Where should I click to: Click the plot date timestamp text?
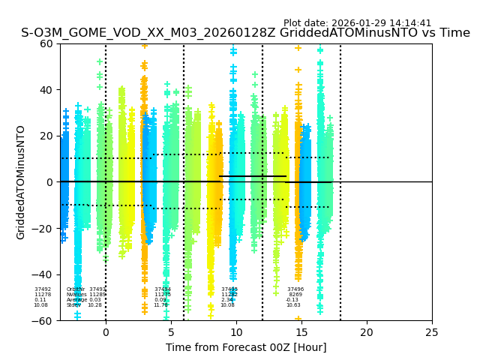point(357,23)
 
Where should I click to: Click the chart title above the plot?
point(245,33)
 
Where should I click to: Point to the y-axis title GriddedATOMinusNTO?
point(21,182)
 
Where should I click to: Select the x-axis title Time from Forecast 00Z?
point(246,347)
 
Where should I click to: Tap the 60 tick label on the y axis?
point(46,43)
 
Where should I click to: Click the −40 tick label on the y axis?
point(43,274)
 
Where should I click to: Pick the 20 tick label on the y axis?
point(46,136)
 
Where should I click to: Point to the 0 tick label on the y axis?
point(49,182)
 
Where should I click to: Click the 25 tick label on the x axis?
point(432,332)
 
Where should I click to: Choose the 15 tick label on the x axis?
point(301,332)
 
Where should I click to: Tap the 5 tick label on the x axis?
point(171,332)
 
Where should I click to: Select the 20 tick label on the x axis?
point(367,332)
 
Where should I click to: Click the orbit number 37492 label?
point(43,289)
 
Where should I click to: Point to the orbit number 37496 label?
point(295,289)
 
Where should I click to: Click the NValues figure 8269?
point(295,295)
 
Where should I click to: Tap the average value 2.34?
point(227,300)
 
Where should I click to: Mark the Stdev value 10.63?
point(293,305)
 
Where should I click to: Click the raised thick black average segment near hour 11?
point(253,176)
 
